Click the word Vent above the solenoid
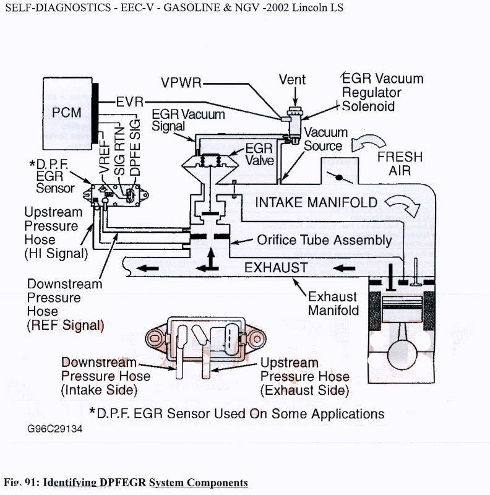(x=293, y=80)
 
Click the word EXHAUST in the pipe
(x=275, y=267)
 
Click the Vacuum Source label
(x=325, y=139)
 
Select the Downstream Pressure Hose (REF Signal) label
(x=64, y=304)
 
